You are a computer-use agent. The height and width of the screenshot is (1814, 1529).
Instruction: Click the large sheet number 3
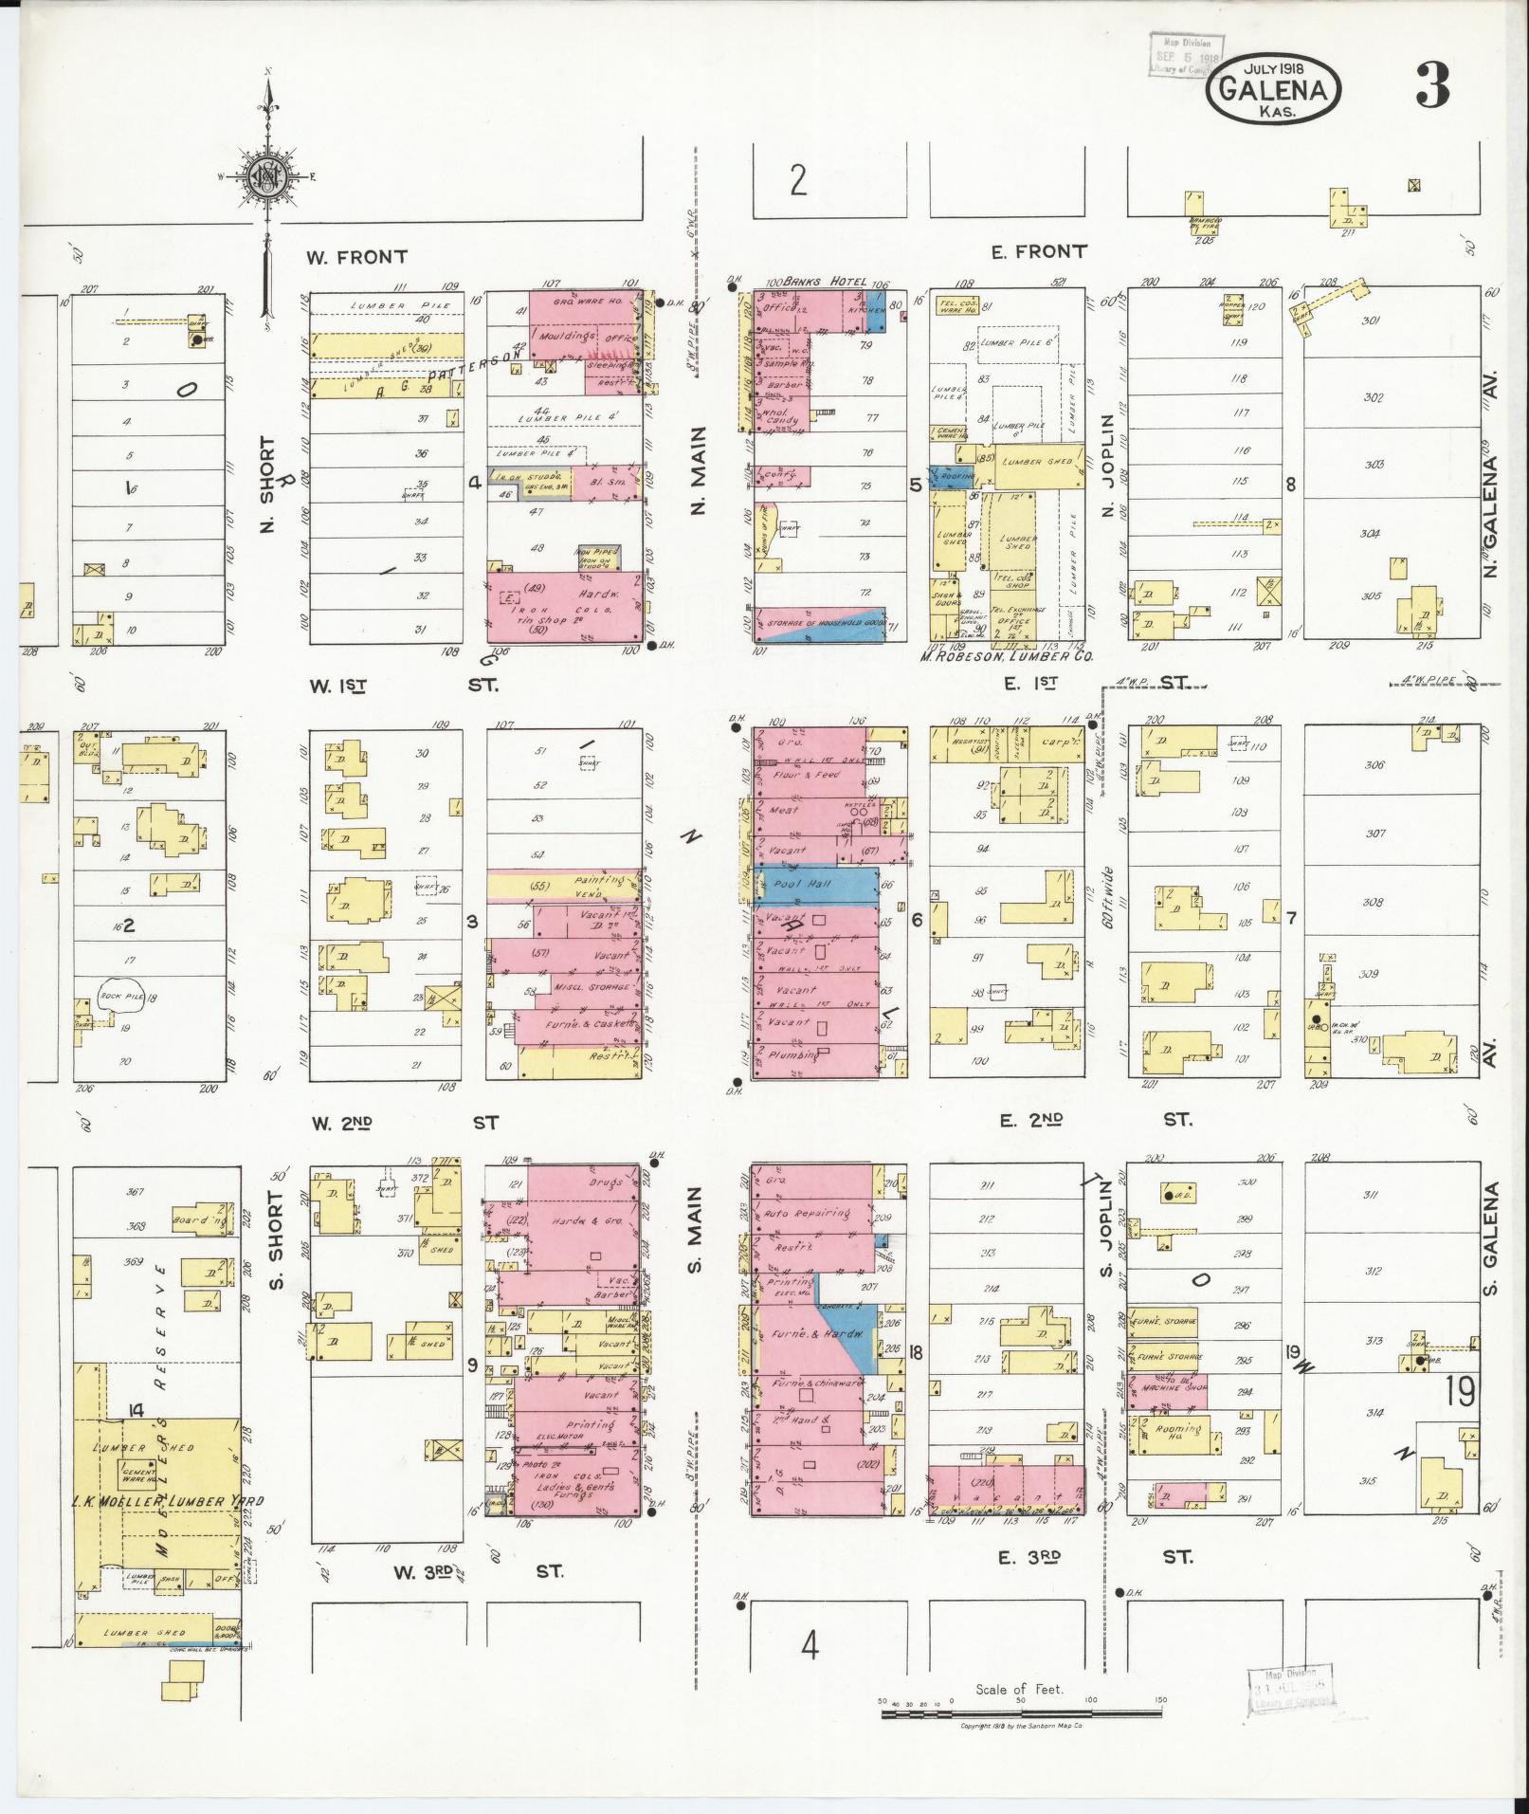tap(1431, 87)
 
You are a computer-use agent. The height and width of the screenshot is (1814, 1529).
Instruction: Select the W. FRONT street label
tap(357, 256)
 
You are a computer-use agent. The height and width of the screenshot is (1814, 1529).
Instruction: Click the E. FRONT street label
tap(1038, 251)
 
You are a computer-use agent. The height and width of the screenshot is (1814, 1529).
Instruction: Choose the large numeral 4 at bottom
tap(809, 1646)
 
